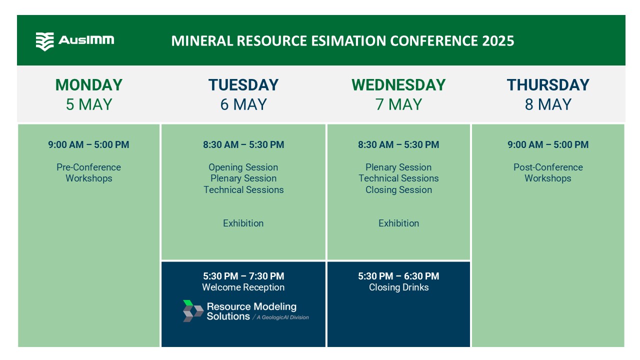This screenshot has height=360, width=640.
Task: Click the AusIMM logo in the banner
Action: point(75,41)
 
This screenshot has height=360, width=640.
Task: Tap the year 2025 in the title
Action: point(498,41)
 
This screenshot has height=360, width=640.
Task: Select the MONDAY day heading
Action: point(89,85)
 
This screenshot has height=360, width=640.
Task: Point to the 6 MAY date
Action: point(243,104)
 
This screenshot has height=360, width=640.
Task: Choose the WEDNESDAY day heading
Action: point(398,85)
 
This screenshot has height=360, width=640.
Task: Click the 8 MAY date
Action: point(548,104)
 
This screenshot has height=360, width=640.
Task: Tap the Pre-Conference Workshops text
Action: point(88,172)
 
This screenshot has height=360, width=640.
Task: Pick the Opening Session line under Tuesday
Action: point(243,167)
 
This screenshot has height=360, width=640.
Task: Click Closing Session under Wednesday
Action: point(398,189)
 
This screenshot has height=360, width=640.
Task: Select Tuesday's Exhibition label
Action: point(243,223)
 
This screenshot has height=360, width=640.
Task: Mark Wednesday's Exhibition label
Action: point(398,223)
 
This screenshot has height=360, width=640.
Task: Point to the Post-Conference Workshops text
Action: point(548,172)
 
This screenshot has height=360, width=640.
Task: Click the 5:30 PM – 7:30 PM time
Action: point(243,276)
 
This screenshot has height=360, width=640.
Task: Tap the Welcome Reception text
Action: point(243,287)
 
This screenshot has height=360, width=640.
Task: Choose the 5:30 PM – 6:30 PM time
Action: point(398,276)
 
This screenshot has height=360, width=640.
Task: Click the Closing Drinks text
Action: point(398,287)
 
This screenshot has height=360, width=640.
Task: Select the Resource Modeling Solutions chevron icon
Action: point(193,311)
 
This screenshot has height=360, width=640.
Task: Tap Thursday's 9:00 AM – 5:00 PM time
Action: point(548,144)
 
